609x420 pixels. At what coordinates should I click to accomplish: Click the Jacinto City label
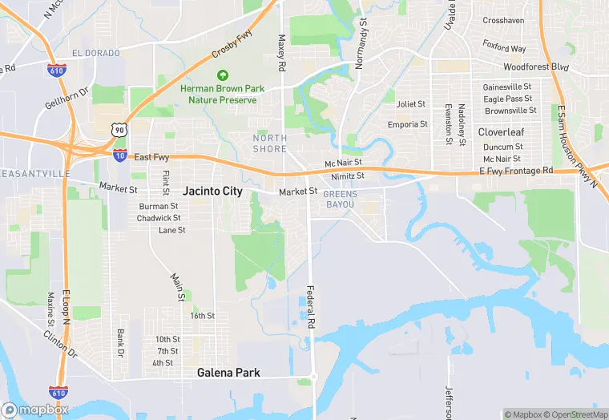pyautogui.click(x=212, y=192)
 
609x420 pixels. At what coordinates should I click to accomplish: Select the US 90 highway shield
pyautogui.click(x=119, y=129)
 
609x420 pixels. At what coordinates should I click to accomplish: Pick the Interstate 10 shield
pyautogui.click(x=119, y=155)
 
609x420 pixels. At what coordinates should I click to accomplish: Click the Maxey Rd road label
pyautogui.click(x=281, y=52)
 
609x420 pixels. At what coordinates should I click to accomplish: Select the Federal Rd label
pyautogui.click(x=310, y=306)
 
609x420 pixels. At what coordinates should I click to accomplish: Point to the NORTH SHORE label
pyautogui.click(x=269, y=143)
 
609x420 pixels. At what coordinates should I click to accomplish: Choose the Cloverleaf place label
pyautogui.click(x=501, y=131)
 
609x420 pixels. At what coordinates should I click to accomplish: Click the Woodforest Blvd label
pyautogui.click(x=535, y=67)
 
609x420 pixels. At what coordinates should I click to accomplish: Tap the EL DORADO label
pyautogui.click(x=95, y=53)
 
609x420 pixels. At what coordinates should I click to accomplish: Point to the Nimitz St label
pyautogui.click(x=349, y=176)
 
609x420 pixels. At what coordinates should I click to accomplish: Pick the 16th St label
pyautogui.click(x=202, y=316)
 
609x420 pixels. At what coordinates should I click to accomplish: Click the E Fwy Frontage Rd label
pyautogui.click(x=516, y=171)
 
